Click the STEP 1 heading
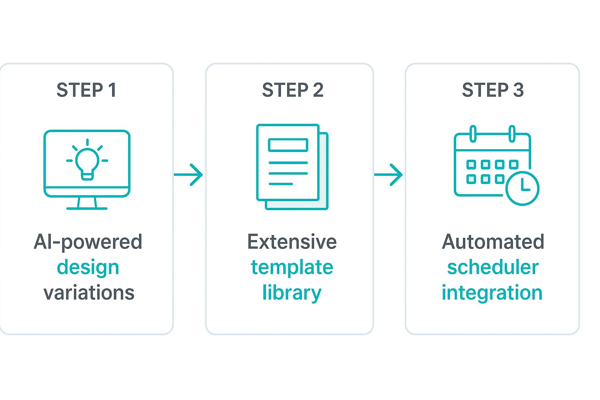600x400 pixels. click(86, 90)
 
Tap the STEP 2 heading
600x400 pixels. click(293, 90)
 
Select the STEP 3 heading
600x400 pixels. click(493, 90)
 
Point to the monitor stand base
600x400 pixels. click(87, 208)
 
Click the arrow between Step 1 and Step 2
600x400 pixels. click(189, 174)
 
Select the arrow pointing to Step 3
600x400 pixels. click(389, 174)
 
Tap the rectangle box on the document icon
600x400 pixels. click(288, 145)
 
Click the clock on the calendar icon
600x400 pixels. click(522, 188)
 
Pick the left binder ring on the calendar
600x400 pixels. click(473, 134)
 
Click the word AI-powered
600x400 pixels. click(88, 242)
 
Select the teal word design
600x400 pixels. click(88, 268)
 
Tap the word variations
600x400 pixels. click(89, 293)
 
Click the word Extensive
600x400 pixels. click(292, 242)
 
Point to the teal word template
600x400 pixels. click(292, 268)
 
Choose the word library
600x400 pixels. click(292, 293)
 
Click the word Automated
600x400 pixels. click(493, 242)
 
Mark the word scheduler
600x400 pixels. click(493, 268)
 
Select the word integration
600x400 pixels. click(492, 293)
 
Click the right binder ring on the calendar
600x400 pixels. click(512, 134)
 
